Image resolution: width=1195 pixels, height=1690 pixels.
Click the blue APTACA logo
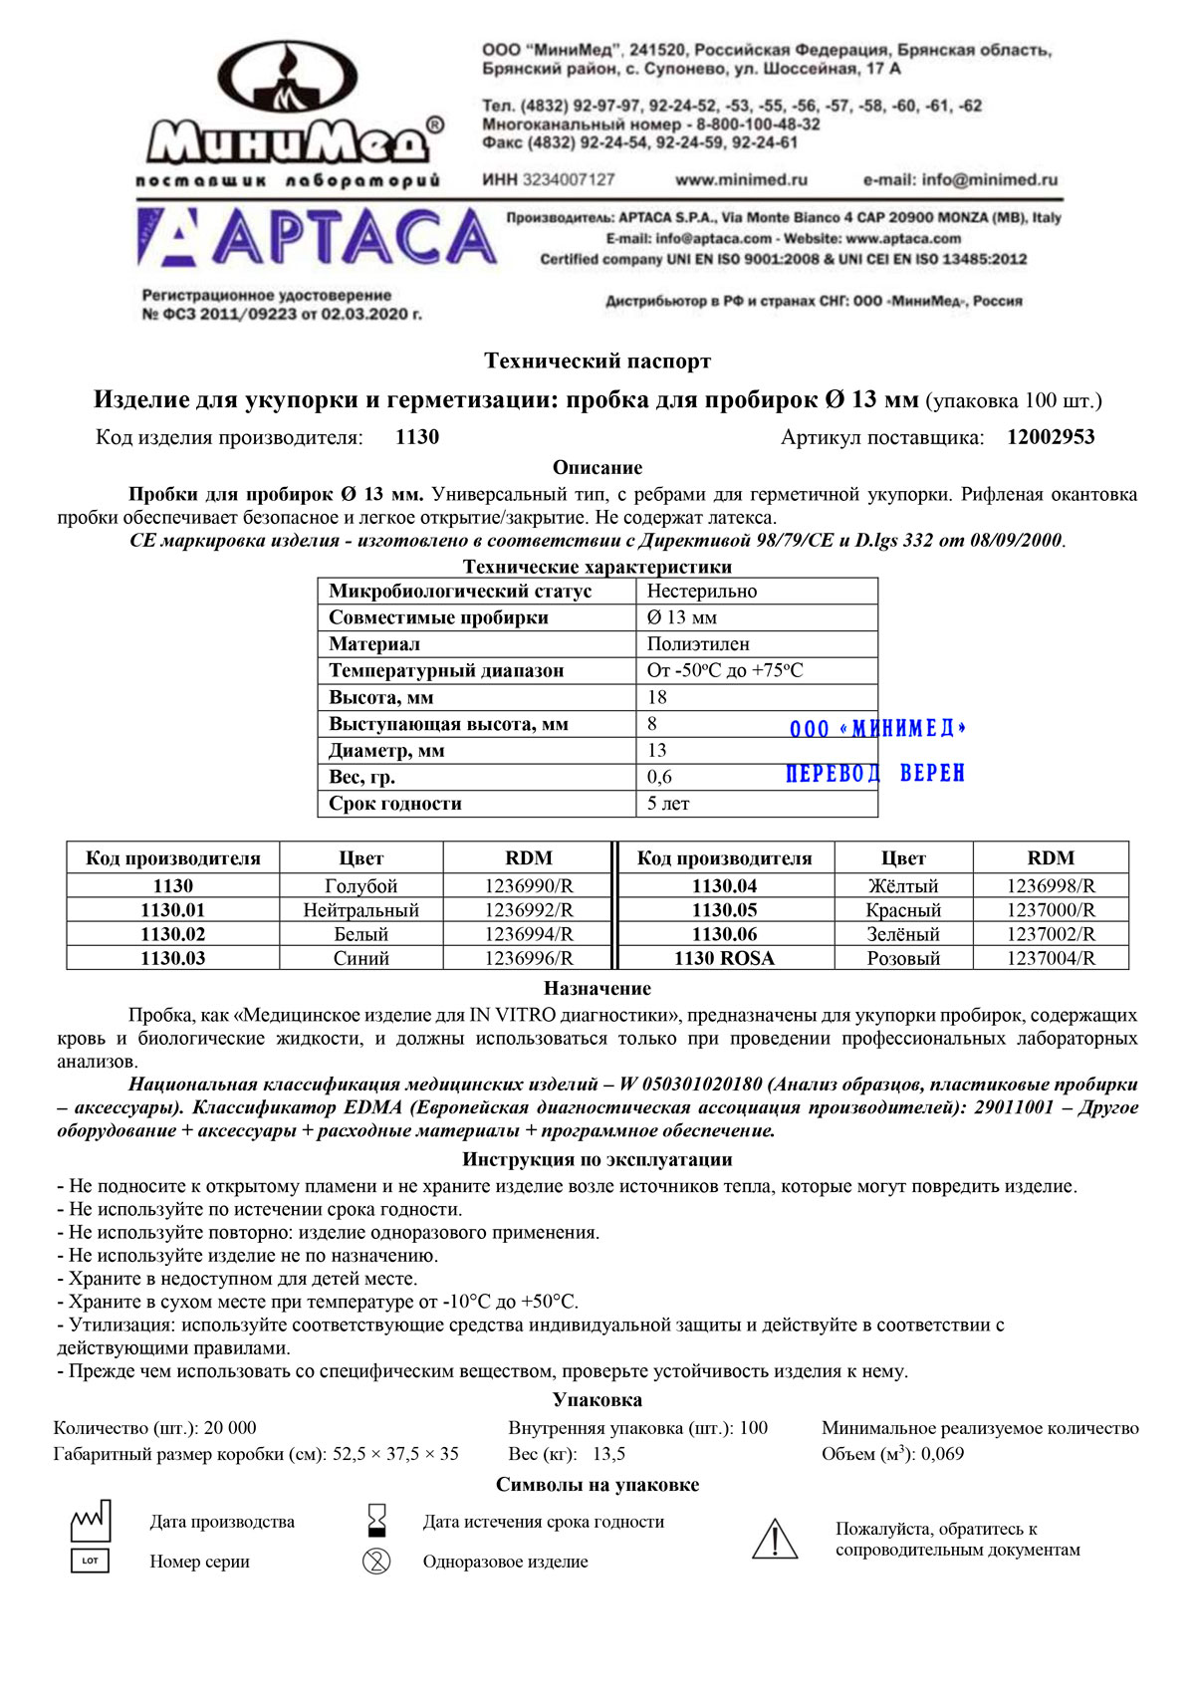(317, 237)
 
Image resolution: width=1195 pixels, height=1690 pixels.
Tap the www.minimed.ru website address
(741, 180)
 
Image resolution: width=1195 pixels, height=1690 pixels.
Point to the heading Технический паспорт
(597, 361)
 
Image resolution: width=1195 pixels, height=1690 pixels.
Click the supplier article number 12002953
(1051, 437)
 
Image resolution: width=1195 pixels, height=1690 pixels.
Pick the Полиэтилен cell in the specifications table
(698, 644)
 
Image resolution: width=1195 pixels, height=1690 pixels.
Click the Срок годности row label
(395, 804)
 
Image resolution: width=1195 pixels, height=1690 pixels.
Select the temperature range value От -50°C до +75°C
(725, 671)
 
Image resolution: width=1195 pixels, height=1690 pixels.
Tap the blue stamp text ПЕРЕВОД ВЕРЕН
(875, 774)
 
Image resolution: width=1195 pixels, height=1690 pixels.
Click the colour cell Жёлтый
(903, 886)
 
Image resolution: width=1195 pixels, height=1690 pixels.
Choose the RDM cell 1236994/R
(529, 934)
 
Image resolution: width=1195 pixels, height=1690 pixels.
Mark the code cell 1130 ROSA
(724, 958)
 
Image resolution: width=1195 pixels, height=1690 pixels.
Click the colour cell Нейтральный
(360, 910)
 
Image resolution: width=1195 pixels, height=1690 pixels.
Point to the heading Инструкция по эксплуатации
(597, 1159)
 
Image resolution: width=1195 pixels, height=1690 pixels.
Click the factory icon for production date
(90, 1522)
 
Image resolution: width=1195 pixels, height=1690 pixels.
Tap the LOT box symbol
(90, 1561)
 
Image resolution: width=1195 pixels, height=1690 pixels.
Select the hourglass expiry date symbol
(376, 1521)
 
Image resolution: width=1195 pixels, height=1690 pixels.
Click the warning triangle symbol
(774, 1539)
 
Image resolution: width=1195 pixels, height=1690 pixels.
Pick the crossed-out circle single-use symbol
(376, 1561)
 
